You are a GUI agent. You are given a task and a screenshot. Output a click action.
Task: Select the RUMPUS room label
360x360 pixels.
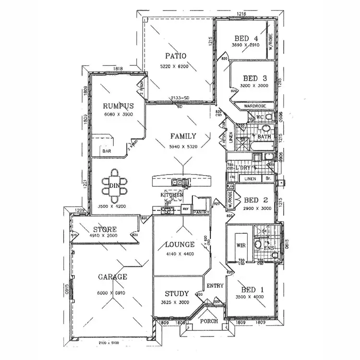[x=118, y=106]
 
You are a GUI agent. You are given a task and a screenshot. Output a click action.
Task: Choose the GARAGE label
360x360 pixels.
[x=113, y=276]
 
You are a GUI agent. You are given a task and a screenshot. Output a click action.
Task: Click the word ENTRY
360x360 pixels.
[x=215, y=286]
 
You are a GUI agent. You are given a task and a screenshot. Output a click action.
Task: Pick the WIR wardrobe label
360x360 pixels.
[x=241, y=245]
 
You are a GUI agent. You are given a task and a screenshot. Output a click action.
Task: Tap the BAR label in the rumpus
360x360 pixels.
[x=106, y=152]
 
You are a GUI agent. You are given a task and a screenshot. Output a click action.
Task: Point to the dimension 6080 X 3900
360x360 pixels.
[x=118, y=115]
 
